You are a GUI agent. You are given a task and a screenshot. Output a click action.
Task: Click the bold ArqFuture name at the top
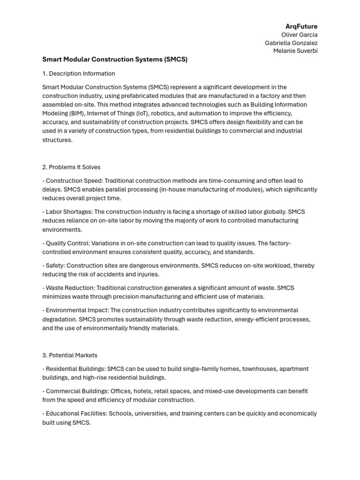(301, 26)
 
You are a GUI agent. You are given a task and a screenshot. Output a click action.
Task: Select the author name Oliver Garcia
(299, 35)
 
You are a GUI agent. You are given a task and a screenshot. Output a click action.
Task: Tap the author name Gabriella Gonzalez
(291, 43)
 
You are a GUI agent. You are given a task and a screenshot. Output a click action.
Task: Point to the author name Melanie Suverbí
(295, 51)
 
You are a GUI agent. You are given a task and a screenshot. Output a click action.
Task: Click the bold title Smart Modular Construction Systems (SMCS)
(115, 60)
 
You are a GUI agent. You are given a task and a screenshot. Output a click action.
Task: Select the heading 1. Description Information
(78, 74)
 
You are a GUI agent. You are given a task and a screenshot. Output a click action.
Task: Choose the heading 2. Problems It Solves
(71, 167)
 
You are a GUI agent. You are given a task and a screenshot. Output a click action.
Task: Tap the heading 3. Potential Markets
(70, 355)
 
